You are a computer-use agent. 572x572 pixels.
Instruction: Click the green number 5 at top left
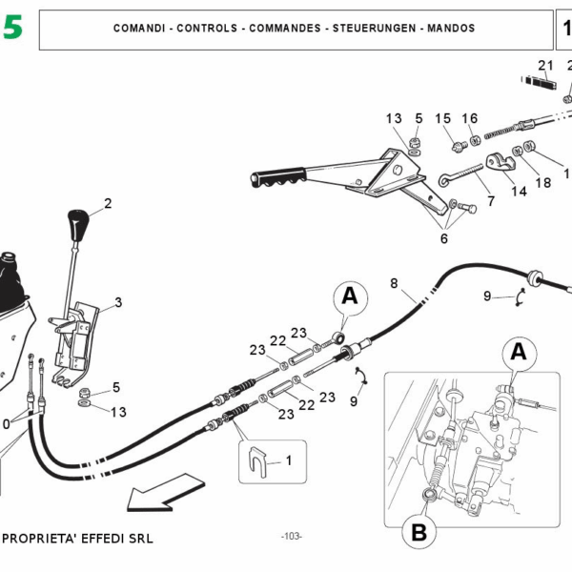click(12, 29)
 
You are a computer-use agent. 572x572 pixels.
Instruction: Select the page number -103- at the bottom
click(292, 537)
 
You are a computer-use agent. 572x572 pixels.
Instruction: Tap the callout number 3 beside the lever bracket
click(117, 303)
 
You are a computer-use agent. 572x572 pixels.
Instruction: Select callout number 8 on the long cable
click(395, 283)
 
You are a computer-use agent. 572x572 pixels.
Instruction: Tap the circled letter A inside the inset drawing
click(519, 352)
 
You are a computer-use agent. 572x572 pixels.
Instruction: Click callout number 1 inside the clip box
click(289, 460)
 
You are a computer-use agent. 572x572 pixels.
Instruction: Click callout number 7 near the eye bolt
click(491, 202)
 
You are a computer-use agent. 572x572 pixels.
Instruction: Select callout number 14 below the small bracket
click(519, 191)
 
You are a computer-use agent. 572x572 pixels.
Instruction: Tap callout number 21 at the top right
click(545, 65)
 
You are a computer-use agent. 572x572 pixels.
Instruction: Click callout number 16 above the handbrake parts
click(470, 118)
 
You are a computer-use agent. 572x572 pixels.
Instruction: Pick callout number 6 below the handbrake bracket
click(443, 238)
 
